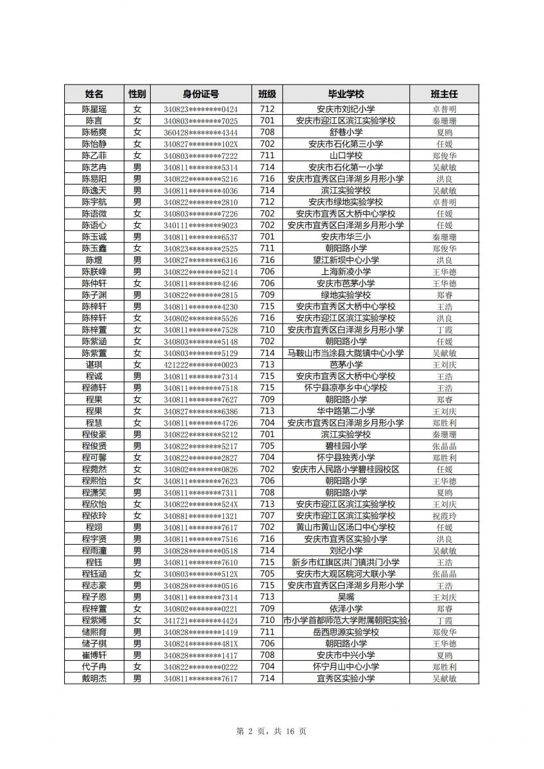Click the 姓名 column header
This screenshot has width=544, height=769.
(94, 94)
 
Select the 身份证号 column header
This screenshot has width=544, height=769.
(200, 94)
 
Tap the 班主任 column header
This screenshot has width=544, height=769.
(444, 94)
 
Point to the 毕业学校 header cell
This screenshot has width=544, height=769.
(346, 94)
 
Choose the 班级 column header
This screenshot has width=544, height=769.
(267, 94)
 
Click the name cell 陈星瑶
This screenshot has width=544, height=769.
(94, 109)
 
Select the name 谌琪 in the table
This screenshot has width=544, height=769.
(94, 365)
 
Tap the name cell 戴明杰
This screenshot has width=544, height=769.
(94, 678)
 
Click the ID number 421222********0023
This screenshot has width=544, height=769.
(200, 365)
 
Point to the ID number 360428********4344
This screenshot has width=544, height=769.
(200, 133)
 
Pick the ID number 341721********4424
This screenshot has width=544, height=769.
(200, 620)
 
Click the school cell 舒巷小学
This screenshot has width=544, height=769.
(346, 133)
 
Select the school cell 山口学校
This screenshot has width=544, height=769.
(346, 156)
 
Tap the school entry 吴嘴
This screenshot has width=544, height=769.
(346, 597)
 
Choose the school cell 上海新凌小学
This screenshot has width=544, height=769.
(346, 272)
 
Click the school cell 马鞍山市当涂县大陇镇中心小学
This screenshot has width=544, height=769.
(346, 353)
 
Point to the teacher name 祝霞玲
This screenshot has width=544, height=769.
(444, 516)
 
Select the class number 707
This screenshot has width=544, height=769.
(267, 516)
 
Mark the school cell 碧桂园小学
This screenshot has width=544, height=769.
(346, 446)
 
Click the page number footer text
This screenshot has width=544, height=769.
(271, 731)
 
